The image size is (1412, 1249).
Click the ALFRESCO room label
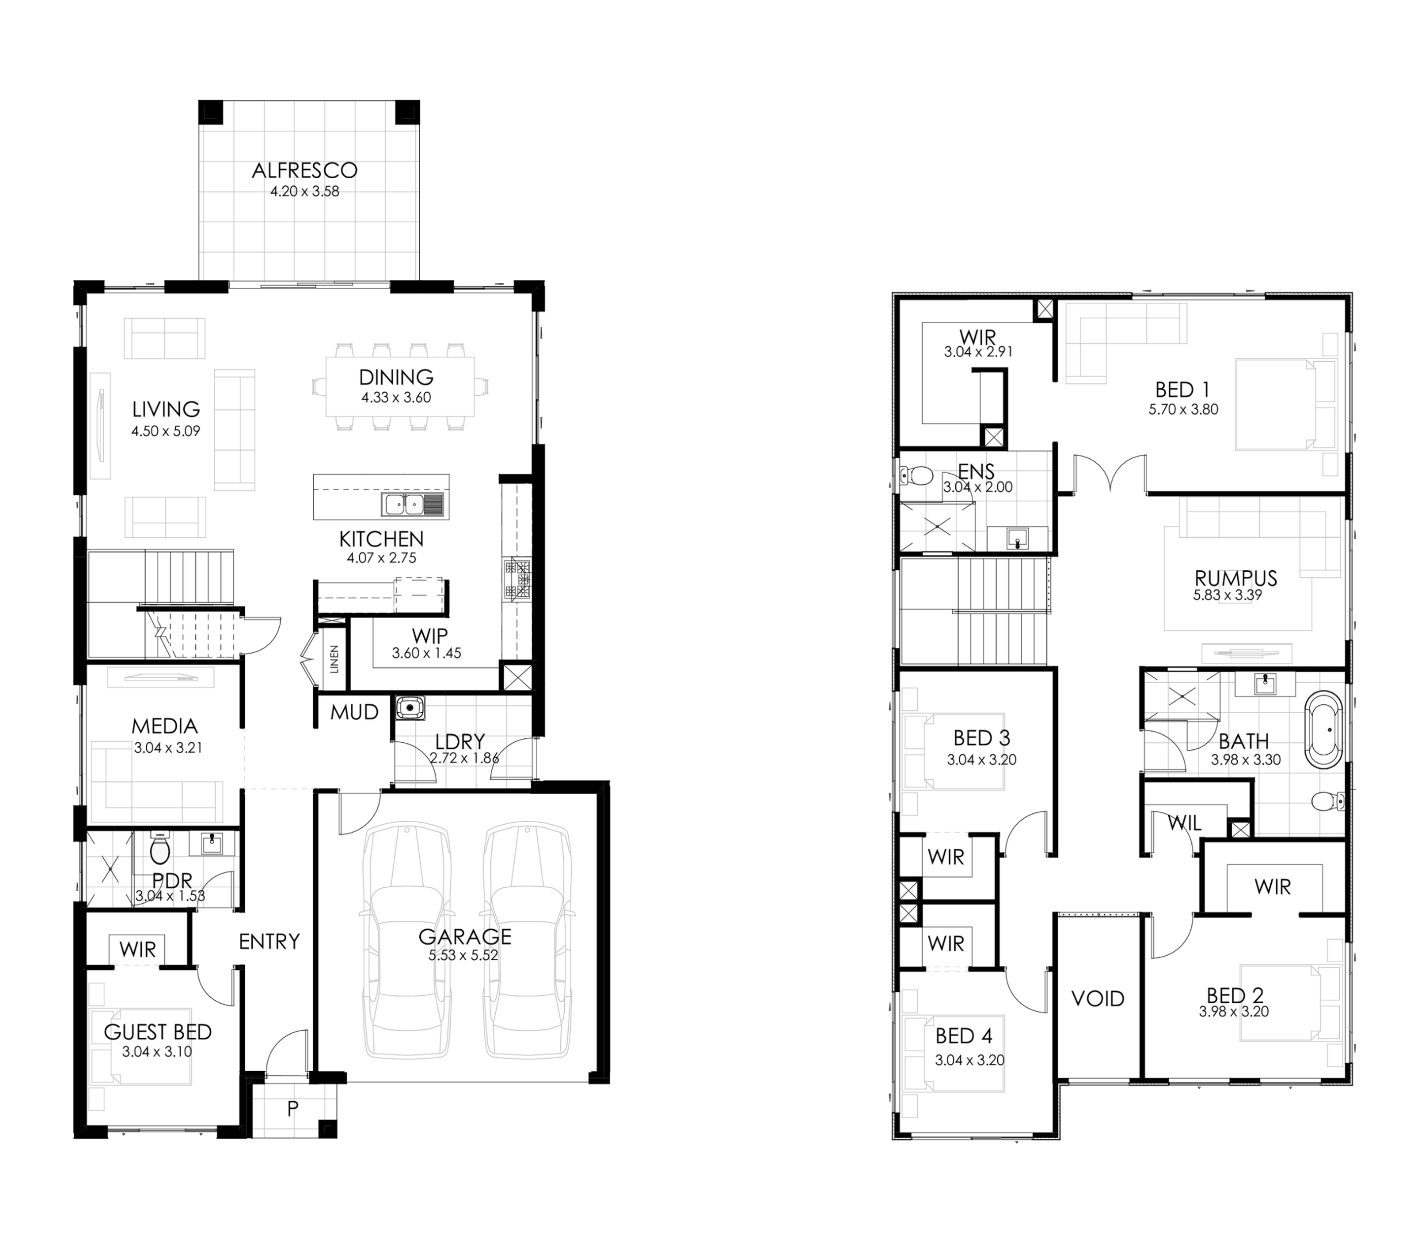(x=304, y=170)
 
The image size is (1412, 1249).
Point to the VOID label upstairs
(x=1098, y=998)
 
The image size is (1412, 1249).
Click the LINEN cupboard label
(x=334, y=659)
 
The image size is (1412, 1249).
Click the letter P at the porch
(x=292, y=1109)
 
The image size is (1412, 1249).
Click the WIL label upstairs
(x=1185, y=823)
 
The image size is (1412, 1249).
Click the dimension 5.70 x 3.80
(x=1183, y=409)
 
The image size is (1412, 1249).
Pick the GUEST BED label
(x=158, y=1032)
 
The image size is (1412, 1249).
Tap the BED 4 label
(x=964, y=1036)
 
